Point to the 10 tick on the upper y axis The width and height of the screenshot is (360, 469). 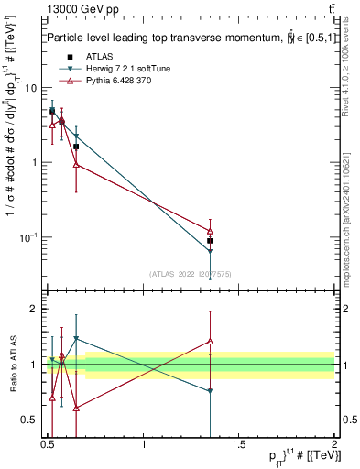[31, 88]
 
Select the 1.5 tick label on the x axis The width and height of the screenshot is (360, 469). [239, 448]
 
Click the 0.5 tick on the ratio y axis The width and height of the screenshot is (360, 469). [29, 420]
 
